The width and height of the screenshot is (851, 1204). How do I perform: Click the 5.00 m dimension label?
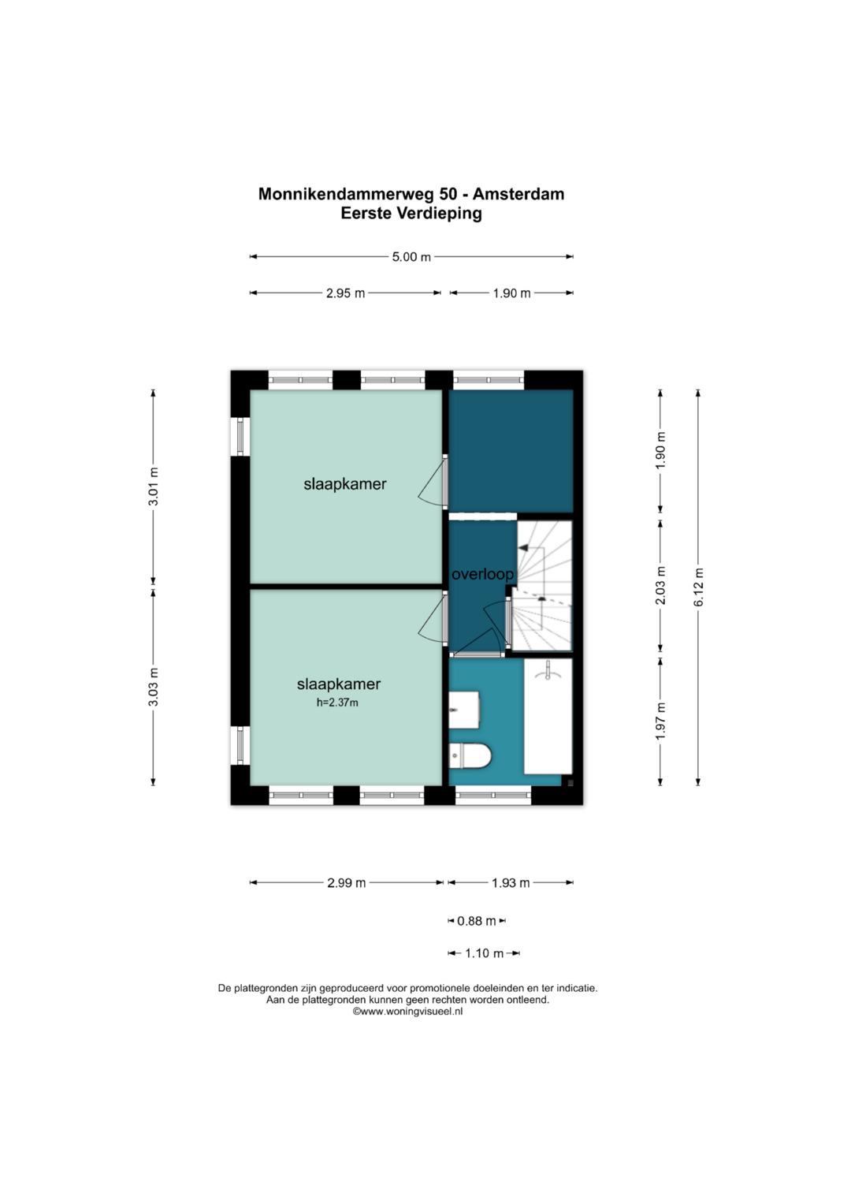point(411,257)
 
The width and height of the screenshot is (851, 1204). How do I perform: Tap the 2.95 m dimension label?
point(345,293)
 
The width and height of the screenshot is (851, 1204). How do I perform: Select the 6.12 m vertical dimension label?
point(698,587)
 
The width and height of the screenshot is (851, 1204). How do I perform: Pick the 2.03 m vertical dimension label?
point(660,585)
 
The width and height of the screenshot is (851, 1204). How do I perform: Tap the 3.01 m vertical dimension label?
point(154,486)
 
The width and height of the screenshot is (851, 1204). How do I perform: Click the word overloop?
point(482,575)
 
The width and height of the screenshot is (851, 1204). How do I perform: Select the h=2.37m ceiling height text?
point(337,702)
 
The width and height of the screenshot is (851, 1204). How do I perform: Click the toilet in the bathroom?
point(470,756)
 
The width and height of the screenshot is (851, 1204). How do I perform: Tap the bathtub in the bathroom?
point(548,717)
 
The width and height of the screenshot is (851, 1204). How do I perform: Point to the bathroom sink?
point(463,710)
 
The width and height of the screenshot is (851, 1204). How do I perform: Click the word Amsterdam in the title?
point(518,193)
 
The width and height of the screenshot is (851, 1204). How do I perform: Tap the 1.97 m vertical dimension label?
point(660,721)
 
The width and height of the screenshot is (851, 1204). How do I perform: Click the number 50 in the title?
point(448,193)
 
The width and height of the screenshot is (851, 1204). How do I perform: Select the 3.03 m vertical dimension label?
point(154,687)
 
